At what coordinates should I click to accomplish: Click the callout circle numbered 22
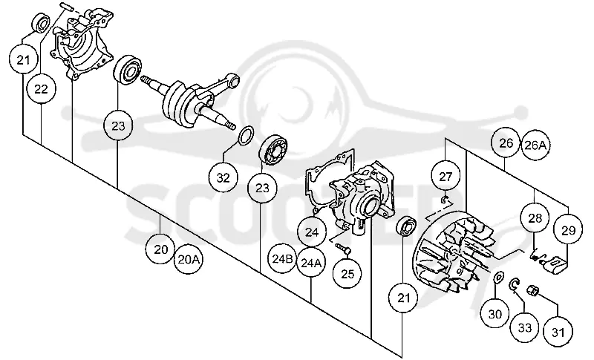[42, 89]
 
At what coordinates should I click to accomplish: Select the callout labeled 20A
[189, 260]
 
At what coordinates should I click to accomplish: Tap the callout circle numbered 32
[223, 177]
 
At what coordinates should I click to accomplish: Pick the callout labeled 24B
[282, 259]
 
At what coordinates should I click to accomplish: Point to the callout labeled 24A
[311, 263]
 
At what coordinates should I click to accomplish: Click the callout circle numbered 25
[347, 274]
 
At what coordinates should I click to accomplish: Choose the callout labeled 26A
[535, 145]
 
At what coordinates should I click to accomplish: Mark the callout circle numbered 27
[446, 177]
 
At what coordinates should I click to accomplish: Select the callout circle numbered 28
[535, 218]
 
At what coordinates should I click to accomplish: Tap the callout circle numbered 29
[568, 231]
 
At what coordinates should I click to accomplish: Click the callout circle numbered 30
[495, 314]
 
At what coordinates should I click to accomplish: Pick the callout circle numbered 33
[525, 328]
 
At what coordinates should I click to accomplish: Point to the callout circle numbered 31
[558, 333]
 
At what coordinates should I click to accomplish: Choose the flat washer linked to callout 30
[499, 277]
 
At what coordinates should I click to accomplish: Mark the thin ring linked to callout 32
[247, 135]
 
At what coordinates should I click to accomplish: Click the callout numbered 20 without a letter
[160, 249]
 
